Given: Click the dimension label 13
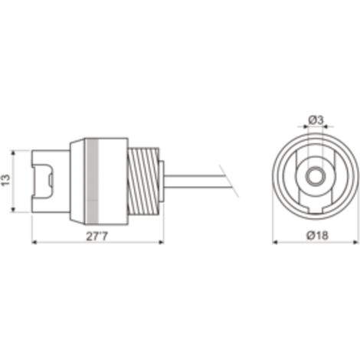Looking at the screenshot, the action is tap(6, 180).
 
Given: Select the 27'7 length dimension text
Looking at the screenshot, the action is tap(97, 236).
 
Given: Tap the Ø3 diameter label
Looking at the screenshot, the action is tap(316, 120).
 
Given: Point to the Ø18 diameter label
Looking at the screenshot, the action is tap(317, 235).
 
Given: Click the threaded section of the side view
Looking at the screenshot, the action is tap(143, 181).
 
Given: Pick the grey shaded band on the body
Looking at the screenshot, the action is tap(92, 182).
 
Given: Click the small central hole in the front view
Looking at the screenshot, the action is tap(316, 176).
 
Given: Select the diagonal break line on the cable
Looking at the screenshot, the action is tap(229, 181).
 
